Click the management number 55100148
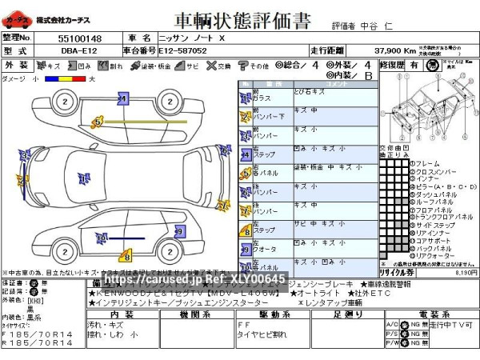pos(80,38)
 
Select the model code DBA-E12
pos(80,50)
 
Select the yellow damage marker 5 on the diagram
pos(97,122)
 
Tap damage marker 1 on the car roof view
pos(82,178)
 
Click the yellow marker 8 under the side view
pos(126,257)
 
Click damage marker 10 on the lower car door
pos(101,238)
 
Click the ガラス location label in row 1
pos(262,98)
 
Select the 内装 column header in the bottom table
pos(120,314)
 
